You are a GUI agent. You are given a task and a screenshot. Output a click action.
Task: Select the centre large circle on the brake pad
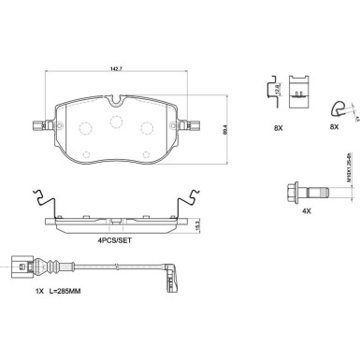117,122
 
